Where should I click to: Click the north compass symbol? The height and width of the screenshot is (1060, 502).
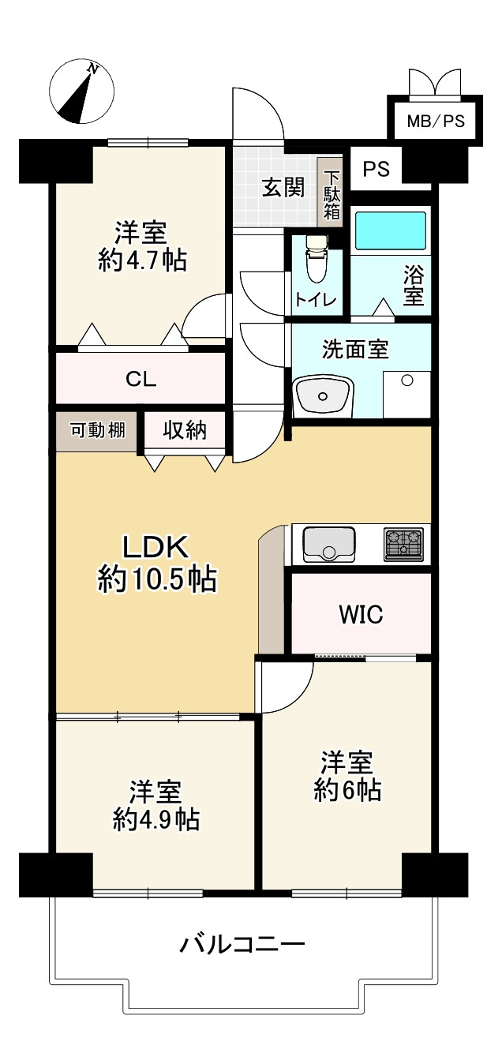click(x=81, y=92)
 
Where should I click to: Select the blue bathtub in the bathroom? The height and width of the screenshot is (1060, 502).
click(x=391, y=230)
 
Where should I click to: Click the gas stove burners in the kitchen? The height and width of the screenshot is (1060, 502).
click(x=403, y=545)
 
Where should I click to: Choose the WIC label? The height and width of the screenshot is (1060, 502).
click(x=361, y=614)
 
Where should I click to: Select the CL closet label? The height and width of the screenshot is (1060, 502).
click(x=141, y=379)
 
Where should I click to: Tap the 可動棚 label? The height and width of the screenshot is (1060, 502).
click(x=98, y=431)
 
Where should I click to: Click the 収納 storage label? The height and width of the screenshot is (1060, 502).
click(x=185, y=431)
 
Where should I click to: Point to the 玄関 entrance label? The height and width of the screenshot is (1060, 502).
click(x=283, y=189)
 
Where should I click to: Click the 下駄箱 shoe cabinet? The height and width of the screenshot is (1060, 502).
click(x=332, y=195)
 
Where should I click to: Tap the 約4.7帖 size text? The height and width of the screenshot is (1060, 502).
click(x=142, y=260)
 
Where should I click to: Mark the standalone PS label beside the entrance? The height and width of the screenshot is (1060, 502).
click(x=376, y=169)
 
